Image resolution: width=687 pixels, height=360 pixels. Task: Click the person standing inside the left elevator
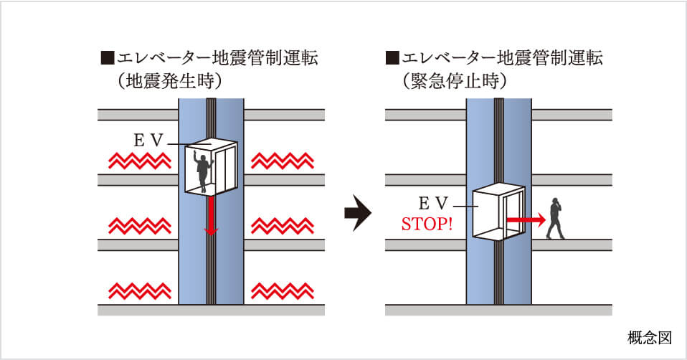point(204,170)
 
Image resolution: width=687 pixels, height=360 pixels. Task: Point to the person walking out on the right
point(554,219)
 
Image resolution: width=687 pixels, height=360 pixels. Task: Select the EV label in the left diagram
point(149,141)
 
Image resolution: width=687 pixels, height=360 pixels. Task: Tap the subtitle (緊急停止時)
point(455,80)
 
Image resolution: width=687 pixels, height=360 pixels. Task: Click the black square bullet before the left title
point(107,58)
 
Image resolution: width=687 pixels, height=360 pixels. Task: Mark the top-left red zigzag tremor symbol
point(139,160)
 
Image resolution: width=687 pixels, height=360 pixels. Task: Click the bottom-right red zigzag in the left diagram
point(283,290)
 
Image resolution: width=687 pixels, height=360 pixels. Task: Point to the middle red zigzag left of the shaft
point(139,225)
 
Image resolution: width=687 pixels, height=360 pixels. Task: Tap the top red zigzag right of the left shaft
point(283,160)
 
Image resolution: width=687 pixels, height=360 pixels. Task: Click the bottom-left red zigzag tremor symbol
point(139,290)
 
